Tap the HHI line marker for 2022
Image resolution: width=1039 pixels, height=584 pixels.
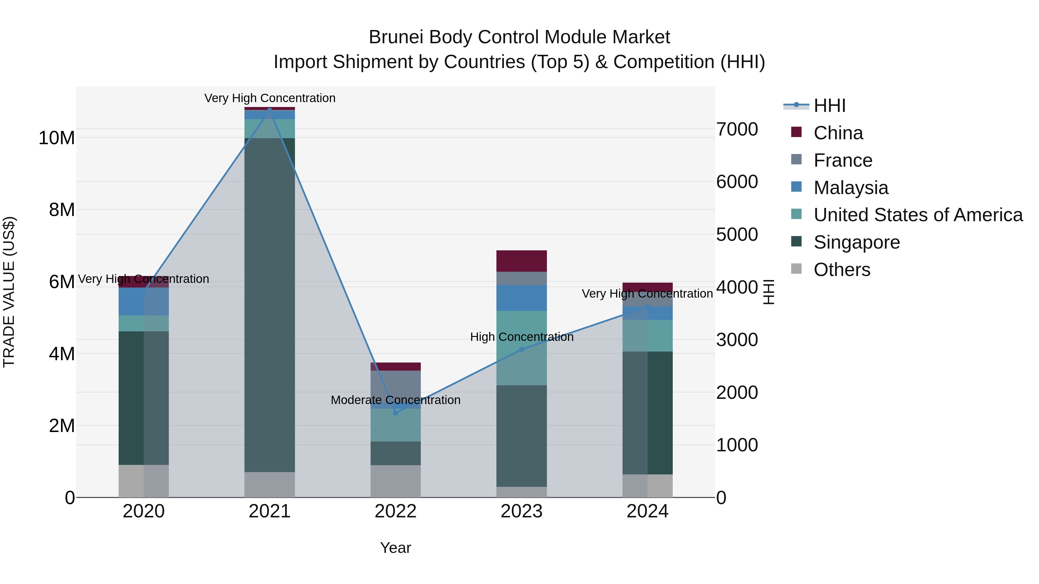[396, 413]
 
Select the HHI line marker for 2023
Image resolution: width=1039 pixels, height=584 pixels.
[522, 350]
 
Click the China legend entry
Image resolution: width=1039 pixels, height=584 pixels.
[838, 133]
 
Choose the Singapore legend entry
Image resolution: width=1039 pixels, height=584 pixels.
[856, 242]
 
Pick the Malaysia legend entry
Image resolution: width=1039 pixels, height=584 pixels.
[851, 188]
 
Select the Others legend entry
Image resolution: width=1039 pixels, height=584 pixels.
[842, 270]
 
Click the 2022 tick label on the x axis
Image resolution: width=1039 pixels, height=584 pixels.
[395, 511]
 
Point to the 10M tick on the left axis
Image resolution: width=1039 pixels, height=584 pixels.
[57, 138]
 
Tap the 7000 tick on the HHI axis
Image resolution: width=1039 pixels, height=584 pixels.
[737, 129]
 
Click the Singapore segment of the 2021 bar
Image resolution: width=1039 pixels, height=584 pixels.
[270, 305]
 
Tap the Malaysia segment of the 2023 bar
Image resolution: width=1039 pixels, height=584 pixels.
[522, 298]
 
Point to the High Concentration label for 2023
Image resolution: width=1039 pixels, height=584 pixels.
[522, 337]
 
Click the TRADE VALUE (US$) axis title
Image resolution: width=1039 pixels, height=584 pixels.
[9, 292]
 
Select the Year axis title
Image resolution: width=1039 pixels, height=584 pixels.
[395, 548]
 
